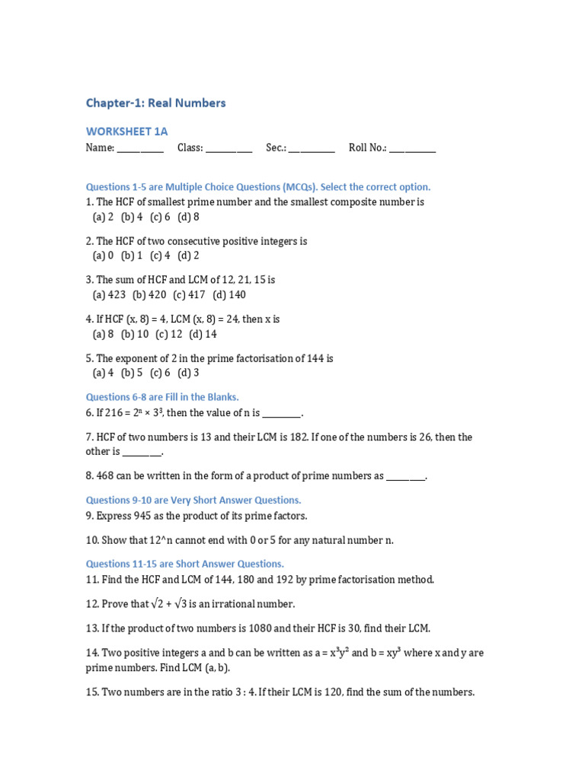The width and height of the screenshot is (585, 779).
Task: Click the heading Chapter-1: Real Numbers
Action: [155, 103]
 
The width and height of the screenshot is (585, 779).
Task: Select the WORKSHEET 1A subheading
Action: [126, 132]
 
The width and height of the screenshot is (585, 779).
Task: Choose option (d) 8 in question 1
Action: [188, 217]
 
